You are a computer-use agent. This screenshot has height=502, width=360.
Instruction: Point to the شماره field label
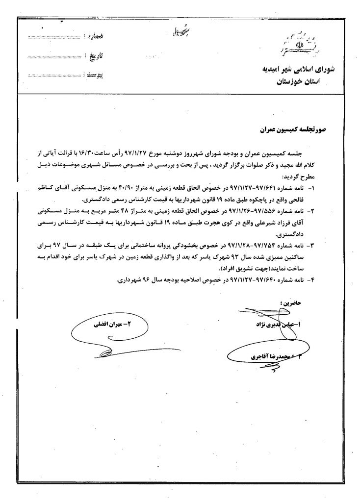point(97,37)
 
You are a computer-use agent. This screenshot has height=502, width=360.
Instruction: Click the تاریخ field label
point(97,56)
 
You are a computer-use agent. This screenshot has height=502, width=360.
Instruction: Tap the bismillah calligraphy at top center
point(176,32)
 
